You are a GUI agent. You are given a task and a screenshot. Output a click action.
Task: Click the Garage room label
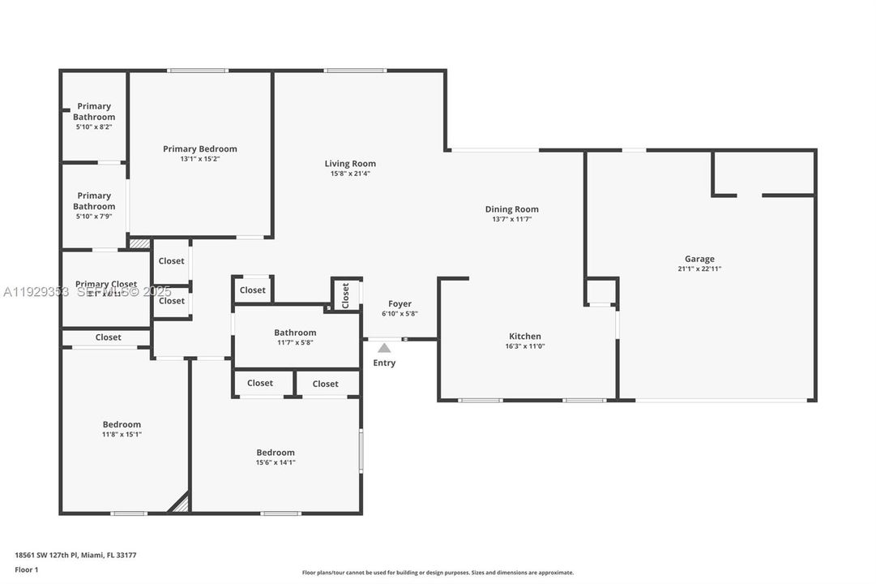[699, 259]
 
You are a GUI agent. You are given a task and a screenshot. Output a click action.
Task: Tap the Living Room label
[350, 163]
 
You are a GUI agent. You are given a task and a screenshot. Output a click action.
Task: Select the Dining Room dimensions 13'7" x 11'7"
[511, 219]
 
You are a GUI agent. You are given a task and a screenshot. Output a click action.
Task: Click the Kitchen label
[524, 336]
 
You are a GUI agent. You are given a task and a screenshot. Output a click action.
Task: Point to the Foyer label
[400, 303]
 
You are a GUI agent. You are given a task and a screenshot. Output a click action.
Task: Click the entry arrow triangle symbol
[384, 348]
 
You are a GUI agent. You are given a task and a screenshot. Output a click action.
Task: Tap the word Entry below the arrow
[384, 363]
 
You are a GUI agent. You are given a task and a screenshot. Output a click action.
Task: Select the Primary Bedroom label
[199, 148]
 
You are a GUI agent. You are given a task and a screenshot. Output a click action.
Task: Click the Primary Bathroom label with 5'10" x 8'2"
[94, 111]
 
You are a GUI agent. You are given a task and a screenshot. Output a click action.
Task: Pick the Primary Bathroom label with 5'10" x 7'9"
[94, 200]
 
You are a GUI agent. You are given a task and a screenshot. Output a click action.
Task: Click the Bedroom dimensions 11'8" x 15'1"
[122, 434]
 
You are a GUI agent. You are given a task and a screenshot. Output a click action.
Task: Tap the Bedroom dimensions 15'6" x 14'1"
[276, 462]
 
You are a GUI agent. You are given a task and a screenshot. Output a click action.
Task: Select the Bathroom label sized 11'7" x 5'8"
[295, 333]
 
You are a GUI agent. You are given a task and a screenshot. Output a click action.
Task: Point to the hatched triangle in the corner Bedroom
[181, 505]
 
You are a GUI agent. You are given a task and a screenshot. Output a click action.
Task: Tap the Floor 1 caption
[27, 569]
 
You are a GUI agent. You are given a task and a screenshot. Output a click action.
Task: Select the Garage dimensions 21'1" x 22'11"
[699, 268]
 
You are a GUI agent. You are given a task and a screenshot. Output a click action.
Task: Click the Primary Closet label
[106, 284]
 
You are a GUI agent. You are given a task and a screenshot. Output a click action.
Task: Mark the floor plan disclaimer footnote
[438, 572]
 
